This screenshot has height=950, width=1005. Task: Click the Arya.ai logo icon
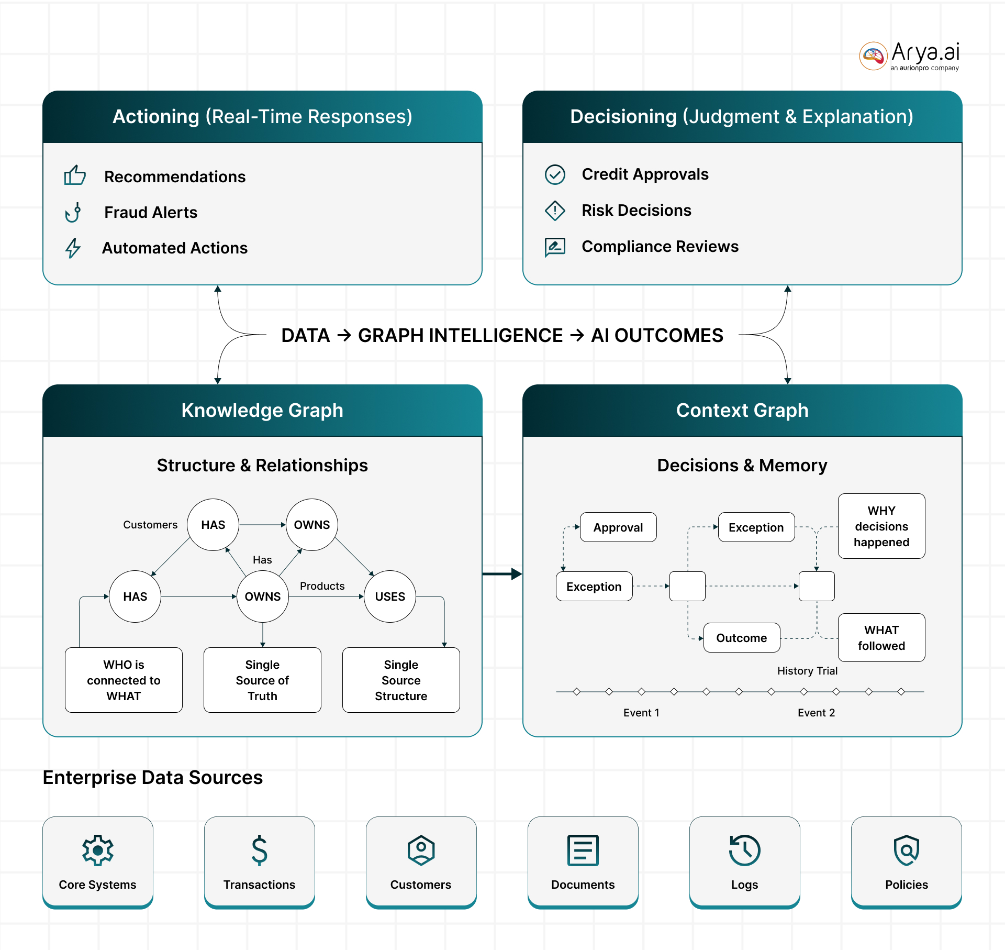click(x=873, y=56)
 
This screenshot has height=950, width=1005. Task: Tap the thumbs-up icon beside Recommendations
click(x=75, y=175)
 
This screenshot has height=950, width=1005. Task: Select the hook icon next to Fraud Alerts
click(x=73, y=212)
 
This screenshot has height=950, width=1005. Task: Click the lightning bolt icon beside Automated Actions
click(x=73, y=248)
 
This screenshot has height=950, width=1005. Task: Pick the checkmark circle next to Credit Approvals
click(x=555, y=174)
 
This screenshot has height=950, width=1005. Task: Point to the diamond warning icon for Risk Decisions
click(x=555, y=211)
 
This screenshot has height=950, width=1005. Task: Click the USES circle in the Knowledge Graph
click(x=390, y=596)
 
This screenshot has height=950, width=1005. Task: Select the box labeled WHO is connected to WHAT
click(x=124, y=680)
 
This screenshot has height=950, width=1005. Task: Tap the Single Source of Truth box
click(x=262, y=680)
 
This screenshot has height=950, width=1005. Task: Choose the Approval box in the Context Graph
click(x=618, y=527)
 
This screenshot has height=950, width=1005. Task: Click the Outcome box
click(x=742, y=637)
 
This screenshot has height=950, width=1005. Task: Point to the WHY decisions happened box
click(x=881, y=526)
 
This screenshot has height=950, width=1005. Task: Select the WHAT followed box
click(x=881, y=637)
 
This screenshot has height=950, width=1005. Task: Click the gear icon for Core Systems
click(x=98, y=850)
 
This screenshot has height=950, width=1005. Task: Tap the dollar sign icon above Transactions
click(x=259, y=850)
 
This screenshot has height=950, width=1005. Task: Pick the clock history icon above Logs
click(x=744, y=850)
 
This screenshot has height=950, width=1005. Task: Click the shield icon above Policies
click(x=907, y=850)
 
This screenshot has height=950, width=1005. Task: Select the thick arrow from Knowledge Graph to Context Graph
click(x=502, y=574)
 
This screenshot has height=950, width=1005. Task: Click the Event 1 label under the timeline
click(x=641, y=712)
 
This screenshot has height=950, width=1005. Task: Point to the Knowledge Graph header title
click(x=262, y=410)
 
